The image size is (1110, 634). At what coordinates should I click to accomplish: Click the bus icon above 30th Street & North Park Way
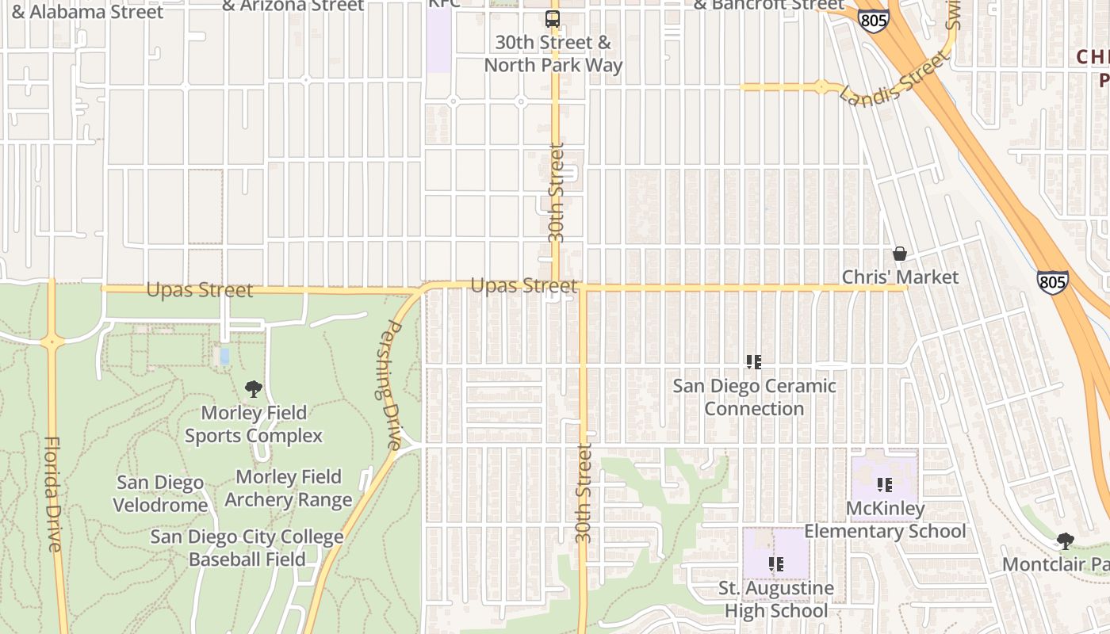click(x=552, y=19)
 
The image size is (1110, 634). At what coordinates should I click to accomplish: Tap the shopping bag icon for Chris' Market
click(x=900, y=254)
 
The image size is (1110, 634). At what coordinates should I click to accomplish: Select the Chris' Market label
click(x=900, y=277)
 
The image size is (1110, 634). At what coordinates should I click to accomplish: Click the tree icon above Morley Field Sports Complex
click(x=254, y=389)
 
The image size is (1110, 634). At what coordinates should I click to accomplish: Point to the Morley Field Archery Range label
click(x=289, y=488)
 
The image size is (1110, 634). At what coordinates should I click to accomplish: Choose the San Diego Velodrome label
click(x=160, y=494)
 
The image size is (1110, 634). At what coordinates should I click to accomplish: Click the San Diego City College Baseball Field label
click(x=247, y=548)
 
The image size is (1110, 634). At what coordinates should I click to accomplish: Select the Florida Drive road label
click(x=53, y=494)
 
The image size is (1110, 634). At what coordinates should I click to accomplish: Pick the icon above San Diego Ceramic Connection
click(x=753, y=362)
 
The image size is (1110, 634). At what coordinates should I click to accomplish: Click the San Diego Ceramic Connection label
click(x=754, y=397)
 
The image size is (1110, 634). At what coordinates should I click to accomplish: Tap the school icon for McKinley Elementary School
click(x=885, y=484)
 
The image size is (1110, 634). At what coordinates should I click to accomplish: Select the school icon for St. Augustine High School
click(x=775, y=564)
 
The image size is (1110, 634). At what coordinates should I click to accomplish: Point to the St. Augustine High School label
click(x=776, y=599)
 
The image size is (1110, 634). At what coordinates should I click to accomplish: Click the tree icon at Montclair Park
click(x=1066, y=541)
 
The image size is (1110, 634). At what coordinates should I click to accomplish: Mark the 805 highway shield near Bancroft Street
click(x=874, y=21)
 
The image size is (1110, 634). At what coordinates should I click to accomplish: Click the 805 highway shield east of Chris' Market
click(x=1052, y=281)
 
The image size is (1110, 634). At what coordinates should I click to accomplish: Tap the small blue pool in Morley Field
click(x=224, y=357)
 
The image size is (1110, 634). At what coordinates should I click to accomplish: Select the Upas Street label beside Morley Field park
click(x=200, y=290)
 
